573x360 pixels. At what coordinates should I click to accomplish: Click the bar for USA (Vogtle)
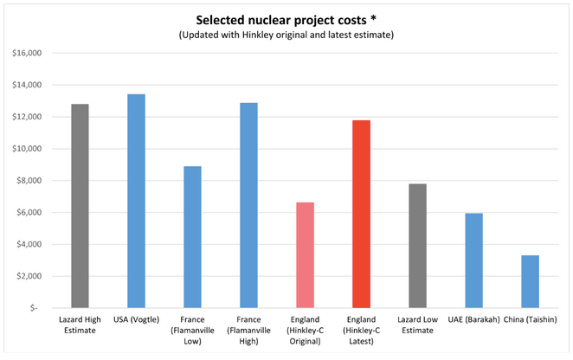(x=136, y=201)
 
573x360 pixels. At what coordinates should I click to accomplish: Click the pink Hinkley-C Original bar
(x=305, y=254)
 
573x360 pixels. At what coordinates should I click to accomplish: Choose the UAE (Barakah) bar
(x=473, y=260)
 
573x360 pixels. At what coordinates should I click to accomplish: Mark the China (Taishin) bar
(x=530, y=281)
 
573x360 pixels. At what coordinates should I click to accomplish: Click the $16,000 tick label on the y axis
(x=25, y=53)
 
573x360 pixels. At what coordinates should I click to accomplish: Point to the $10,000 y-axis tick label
(x=25, y=149)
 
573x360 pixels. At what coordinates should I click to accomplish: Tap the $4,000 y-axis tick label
(x=27, y=244)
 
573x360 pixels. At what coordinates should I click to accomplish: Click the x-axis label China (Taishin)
(x=530, y=321)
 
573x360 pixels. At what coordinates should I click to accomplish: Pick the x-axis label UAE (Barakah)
(x=473, y=321)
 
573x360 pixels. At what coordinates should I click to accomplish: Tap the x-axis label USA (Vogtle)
(x=136, y=321)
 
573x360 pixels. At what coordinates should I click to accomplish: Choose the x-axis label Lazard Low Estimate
(x=417, y=326)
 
